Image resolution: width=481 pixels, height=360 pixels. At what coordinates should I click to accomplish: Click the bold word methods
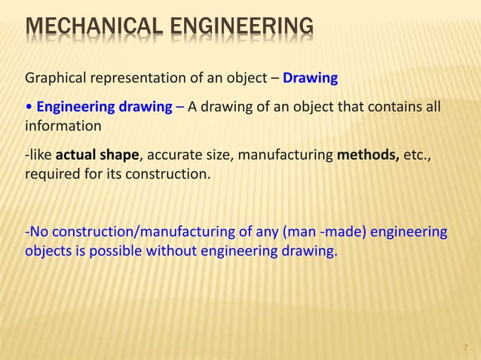[x=365, y=156]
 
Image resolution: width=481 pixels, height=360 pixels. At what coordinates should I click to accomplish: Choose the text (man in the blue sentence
[x=296, y=231]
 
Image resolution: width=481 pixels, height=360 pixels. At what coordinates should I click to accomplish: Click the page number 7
[x=465, y=347]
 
